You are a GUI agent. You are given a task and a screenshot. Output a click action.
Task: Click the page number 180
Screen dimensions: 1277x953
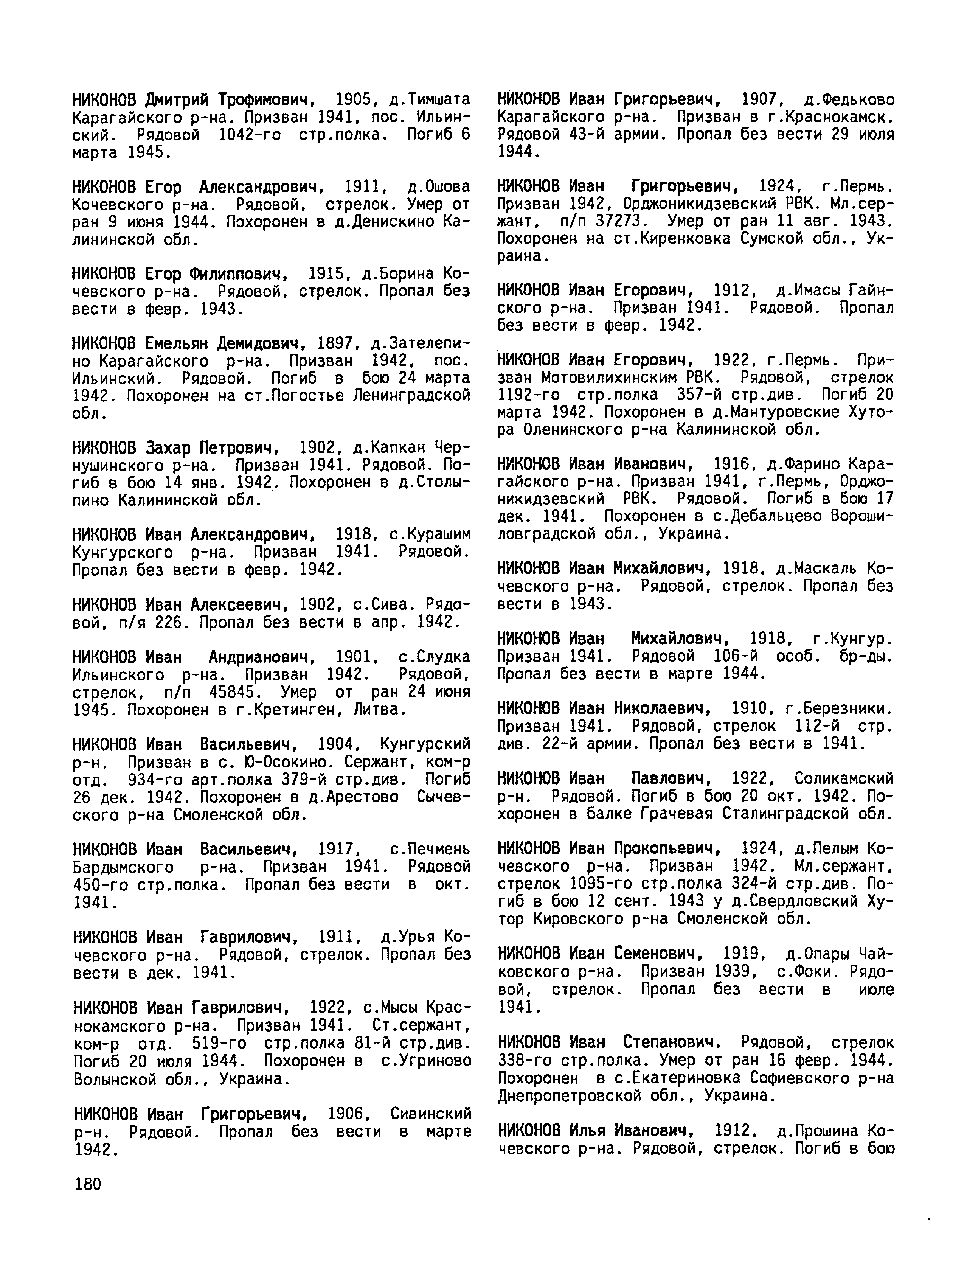(x=88, y=1184)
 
